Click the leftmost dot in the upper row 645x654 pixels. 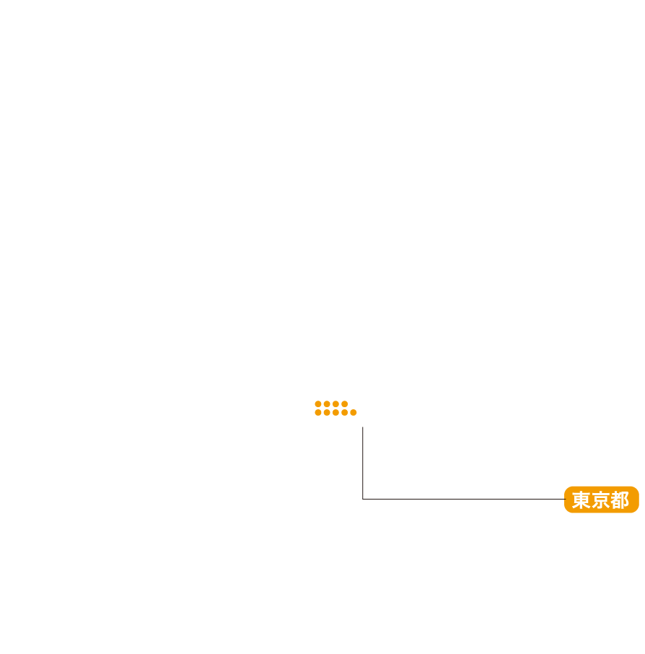(x=318, y=404)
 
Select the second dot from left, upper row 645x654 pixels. (x=327, y=404)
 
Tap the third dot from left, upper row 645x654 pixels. (x=335, y=404)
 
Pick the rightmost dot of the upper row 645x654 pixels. (x=344, y=404)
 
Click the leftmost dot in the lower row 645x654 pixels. (x=318, y=413)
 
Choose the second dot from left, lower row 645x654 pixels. (x=327, y=413)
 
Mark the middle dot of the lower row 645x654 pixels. (x=335, y=413)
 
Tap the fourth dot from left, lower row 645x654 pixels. (x=344, y=413)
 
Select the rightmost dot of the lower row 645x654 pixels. (x=354, y=413)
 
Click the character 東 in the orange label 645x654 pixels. (x=582, y=500)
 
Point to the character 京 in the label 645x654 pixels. (x=600, y=500)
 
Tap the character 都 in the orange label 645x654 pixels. (x=620, y=500)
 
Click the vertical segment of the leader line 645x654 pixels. (x=363, y=462)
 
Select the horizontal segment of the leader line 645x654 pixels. (x=462, y=499)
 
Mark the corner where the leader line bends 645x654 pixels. (x=363, y=499)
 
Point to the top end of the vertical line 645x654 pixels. (x=363, y=427)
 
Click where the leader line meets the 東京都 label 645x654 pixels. (x=564, y=499)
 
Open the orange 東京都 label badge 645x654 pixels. (x=602, y=500)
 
